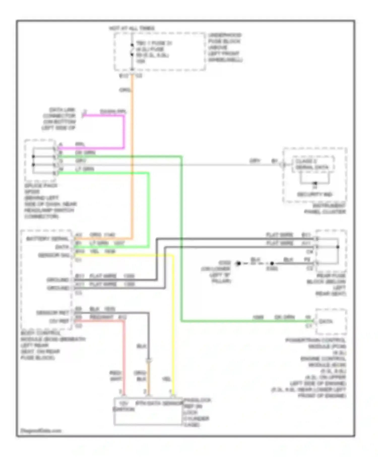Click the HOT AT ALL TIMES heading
click(x=132, y=28)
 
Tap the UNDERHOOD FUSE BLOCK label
click(x=225, y=47)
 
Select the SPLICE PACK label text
click(x=41, y=186)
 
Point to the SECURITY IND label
click(x=314, y=194)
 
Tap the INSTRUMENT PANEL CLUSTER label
click(x=325, y=209)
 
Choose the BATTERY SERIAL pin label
click(x=47, y=239)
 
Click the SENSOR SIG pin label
click(x=54, y=255)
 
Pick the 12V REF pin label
click(x=59, y=321)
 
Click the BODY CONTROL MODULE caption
click(x=53, y=345)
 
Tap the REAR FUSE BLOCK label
click(x=327, y=285)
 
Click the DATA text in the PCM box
click(x=326, y=321)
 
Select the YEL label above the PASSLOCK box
click(x=166, y=379)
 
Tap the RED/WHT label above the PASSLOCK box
click(x=116, y=376)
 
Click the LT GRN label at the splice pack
click(x=85, y=169)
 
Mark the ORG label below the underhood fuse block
click(x=125, y=90)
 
